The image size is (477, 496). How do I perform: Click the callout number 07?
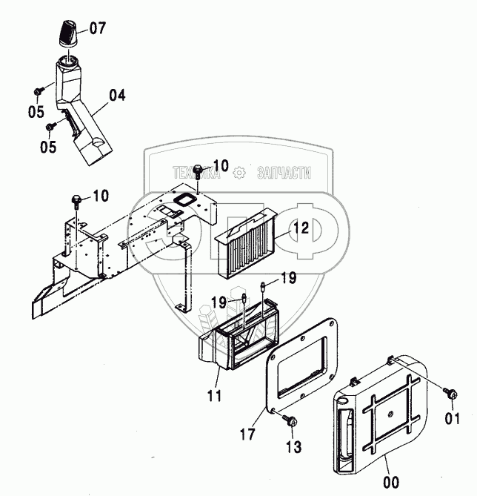[x=98, y=29]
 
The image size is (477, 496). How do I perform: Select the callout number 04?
[x=117, y=95]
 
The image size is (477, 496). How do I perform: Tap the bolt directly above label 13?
[x=290, y=422]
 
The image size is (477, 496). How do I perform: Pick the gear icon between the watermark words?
[x=238, y=173]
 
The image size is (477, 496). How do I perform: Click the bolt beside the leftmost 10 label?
[x=76, y=199]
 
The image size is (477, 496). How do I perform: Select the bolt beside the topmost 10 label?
[x=198, y=171]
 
